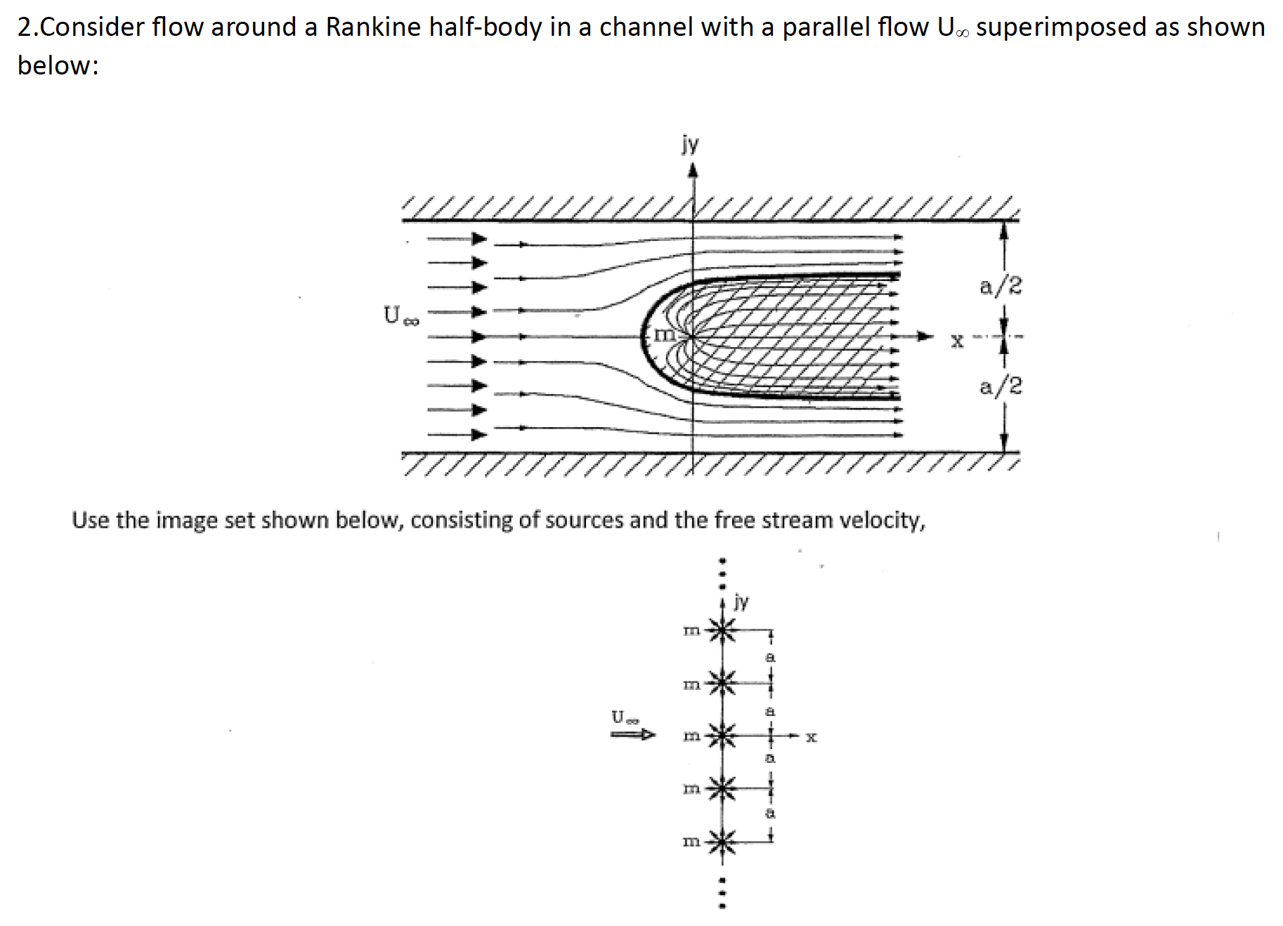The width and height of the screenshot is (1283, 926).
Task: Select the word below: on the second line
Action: [x=58, y=65]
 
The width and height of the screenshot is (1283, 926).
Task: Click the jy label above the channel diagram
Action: [x=690, y=144]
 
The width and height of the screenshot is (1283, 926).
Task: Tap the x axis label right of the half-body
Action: [x=956, y=341]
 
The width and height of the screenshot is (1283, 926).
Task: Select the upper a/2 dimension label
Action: [x=1001, y=286]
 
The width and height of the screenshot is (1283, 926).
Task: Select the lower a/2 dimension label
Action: [x=1001, y=386]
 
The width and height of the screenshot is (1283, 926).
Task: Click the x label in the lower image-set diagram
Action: [x=811, y=737]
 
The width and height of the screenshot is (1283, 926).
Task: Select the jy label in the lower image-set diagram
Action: [x=741, y=601]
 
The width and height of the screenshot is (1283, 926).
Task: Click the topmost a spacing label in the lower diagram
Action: [x=770, y=658]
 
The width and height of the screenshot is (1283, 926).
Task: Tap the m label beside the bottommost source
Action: [x=691, y=841]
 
